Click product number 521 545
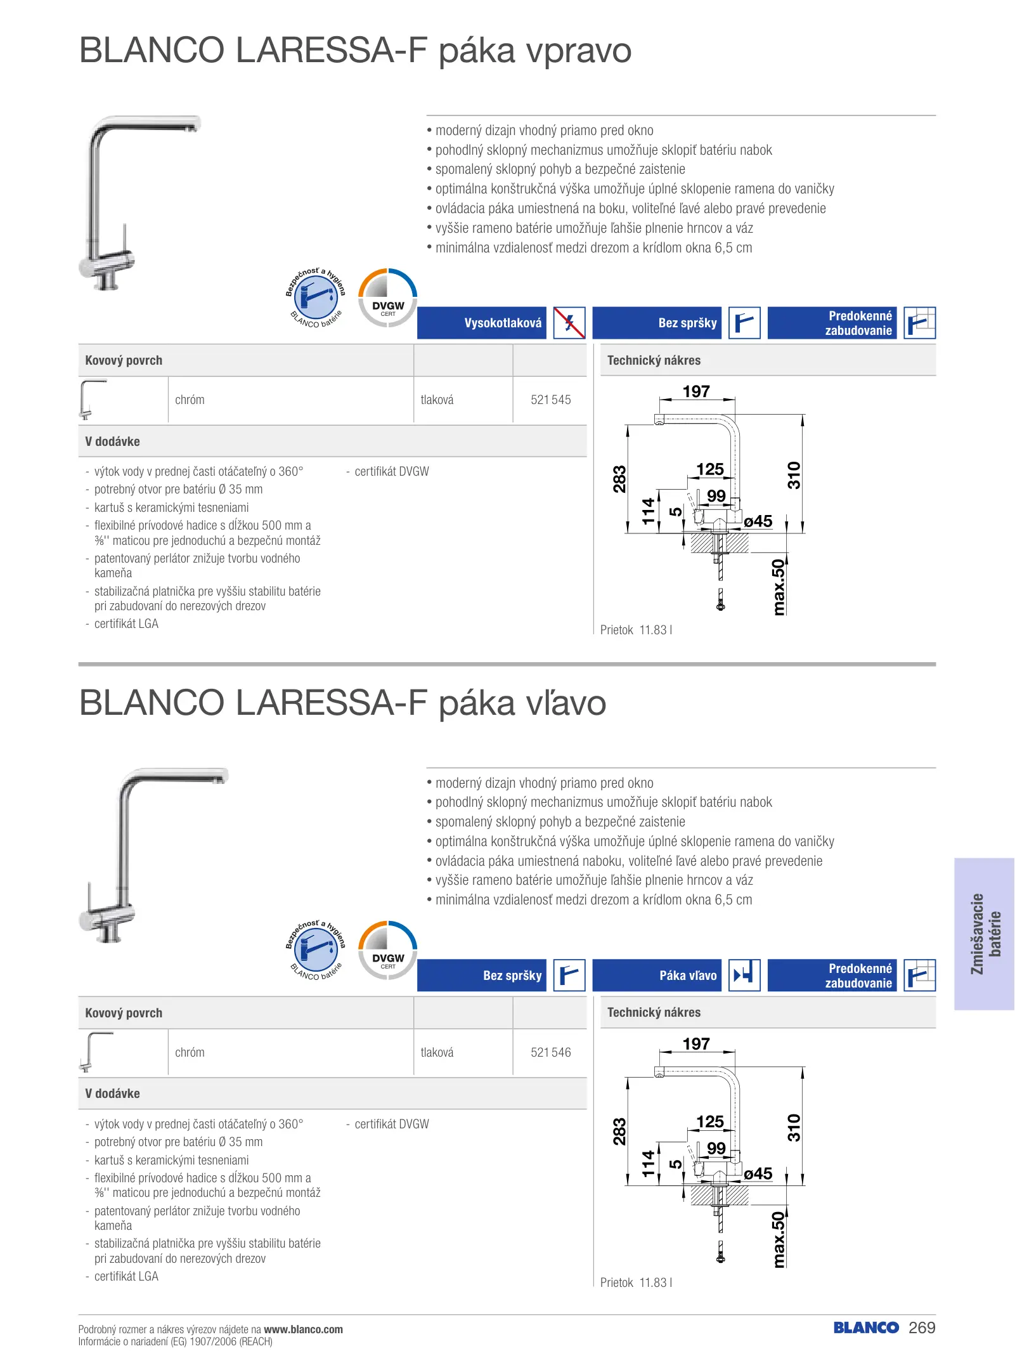[x=550, y=400]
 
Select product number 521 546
[x=550, y=1052]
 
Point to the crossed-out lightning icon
[x=569, y=323]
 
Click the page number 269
[x=922, y=1328]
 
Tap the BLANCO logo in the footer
[x=866, y=1328]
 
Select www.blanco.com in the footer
[x=303, y=1329]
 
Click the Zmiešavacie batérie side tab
[x=985, y=934]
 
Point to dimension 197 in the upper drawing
[x=696, y=391]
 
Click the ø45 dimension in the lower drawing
[x=758, y=1173]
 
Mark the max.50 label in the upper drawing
[x=779, y=587]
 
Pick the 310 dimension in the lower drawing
[x=794, y=1127]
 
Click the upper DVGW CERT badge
[x=388, y=297]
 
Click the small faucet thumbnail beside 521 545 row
[x=93, y=400]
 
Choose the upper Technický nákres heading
[x=654, y=360]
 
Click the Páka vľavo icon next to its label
[x=744, y=975]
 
